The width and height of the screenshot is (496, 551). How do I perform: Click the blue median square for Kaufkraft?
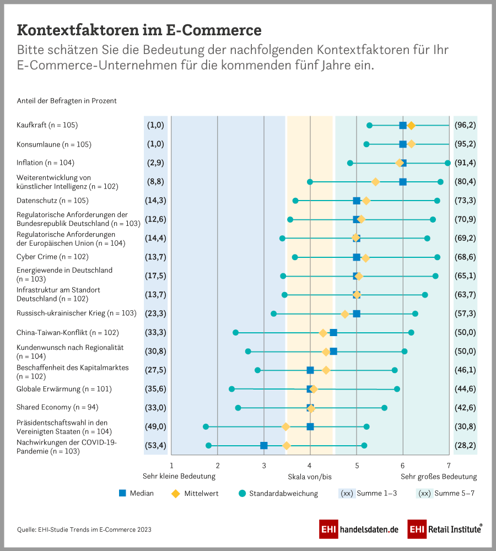pyautogui.click(x=403, y=126)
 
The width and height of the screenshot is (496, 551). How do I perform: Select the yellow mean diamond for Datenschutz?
pyautogui.click(x=366, y=201)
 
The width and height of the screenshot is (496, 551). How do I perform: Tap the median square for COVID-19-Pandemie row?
pyautogui.click(x=264, y=446)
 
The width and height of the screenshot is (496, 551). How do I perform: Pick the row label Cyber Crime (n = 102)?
pyautogui.click(x=52, y=257)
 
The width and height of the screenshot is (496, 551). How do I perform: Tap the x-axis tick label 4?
pyautogui.click(x=310, y=466)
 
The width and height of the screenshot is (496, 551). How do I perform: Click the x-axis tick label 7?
pyautogui.click(x=449, y=466)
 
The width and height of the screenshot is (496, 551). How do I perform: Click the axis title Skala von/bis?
pyautogui.click(x=310, y=477)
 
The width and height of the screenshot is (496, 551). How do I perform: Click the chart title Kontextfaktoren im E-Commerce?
pyautogui.click(x=139, y=29)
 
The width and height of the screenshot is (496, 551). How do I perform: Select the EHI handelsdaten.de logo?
pyautogui.click(x=359, y=529)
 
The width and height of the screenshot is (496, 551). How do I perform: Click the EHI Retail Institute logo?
pyautogui.click(x=445, y=529)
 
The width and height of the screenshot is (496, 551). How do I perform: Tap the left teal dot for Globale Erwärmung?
pyautogui.click(x=231, y=389)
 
